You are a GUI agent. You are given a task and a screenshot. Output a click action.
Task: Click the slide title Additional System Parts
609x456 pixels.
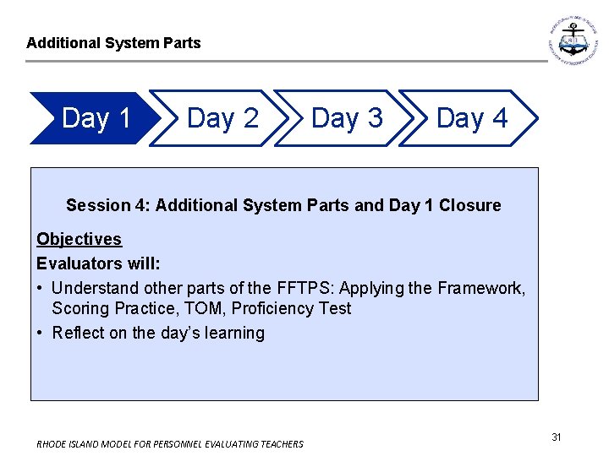point(113,42)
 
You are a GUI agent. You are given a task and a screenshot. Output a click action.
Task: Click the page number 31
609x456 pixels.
point(557,437)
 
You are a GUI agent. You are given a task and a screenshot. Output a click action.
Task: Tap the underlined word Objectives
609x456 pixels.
point(79,239)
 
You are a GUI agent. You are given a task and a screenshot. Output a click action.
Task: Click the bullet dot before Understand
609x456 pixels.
point(41,288)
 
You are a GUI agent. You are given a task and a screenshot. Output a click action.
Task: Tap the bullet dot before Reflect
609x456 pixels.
point(41,333)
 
